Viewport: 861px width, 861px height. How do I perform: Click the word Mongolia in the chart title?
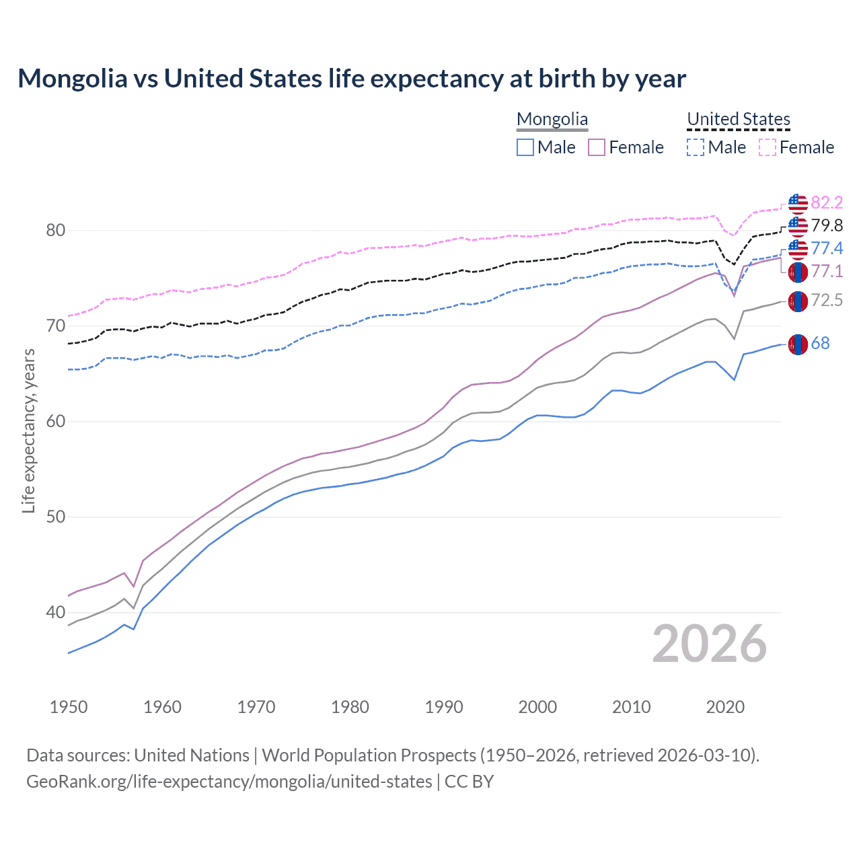tap(73, 79)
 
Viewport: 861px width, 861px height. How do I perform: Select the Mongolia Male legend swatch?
tap(525, 147)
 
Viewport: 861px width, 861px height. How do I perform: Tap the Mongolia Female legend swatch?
tap(597, 147)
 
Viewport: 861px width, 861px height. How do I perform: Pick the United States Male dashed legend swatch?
tap(696, 147)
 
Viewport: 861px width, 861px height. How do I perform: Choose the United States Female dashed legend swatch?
tap(768, 147)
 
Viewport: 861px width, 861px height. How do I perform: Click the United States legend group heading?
tap(738, 119)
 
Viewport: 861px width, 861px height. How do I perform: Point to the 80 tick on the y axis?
tap(56, 231)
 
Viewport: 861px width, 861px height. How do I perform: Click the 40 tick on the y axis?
tap(56, 613)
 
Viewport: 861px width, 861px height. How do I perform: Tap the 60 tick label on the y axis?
tap(56, 422)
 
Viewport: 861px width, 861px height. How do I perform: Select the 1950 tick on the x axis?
tap(69, 707)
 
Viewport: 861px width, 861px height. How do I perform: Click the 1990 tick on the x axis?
tap(444, 707)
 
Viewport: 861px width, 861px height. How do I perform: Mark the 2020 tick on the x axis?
tap(725, 707)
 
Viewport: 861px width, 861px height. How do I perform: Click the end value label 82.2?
tap(827, 202)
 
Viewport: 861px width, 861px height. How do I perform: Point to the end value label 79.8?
tap(827, 225)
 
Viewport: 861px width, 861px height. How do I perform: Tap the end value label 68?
tap(820, 343)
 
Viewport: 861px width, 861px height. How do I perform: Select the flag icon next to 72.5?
tap(798, 301)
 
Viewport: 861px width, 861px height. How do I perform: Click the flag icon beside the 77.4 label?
tap(798, 249)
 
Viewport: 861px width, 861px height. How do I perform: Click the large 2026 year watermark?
tap(709, 644)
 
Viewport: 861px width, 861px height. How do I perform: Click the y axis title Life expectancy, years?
tap(28, 430)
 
